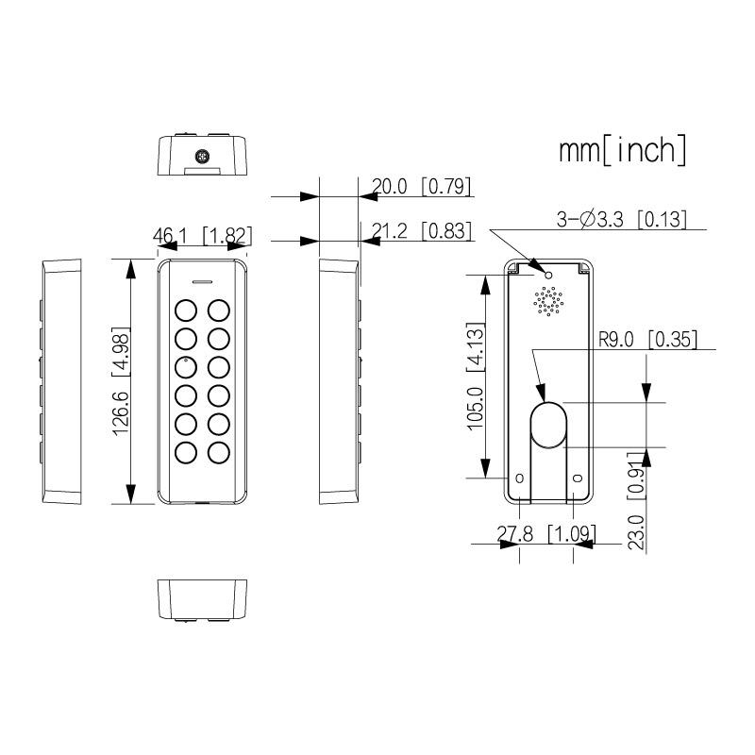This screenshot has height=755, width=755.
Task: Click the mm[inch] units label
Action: [x=623, y=150]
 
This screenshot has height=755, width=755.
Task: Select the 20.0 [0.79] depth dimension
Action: [x=421, y=186]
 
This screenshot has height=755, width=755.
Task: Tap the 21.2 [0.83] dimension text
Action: [x=421, y=230]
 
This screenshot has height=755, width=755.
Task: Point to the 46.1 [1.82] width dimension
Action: [x=202, y=235]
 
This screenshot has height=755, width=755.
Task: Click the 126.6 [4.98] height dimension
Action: [x=121, y=381]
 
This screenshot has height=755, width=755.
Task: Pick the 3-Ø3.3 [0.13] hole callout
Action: [x=621, y=220]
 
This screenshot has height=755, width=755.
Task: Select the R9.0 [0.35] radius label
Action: [x=647, y=340]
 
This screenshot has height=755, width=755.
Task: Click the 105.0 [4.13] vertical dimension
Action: [x=476, y=376]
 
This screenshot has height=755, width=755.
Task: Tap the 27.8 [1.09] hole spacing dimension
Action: [x=546, y=533]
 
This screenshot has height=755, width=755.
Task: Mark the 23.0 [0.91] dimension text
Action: [x=636, y=500]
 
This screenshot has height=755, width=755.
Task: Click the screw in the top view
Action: [x=202, y=157]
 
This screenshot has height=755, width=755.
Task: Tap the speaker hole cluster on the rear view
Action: [x=548, y=301]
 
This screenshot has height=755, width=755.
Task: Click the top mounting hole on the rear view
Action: [x=548, y=275]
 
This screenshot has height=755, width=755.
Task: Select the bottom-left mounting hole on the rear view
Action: [x=520, y=478]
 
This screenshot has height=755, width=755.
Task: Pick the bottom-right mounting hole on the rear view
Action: [x=579, y=478]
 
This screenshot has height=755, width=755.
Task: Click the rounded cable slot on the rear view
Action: [x=548, y=426]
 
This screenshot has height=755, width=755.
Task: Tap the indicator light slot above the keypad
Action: [x=202, y=281]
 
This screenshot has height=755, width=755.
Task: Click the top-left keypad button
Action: [x=186, y=310]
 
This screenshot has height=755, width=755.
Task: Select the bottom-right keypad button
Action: [x=219, y=453]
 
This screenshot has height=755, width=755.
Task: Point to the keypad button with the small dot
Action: [x=186, y=367]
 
